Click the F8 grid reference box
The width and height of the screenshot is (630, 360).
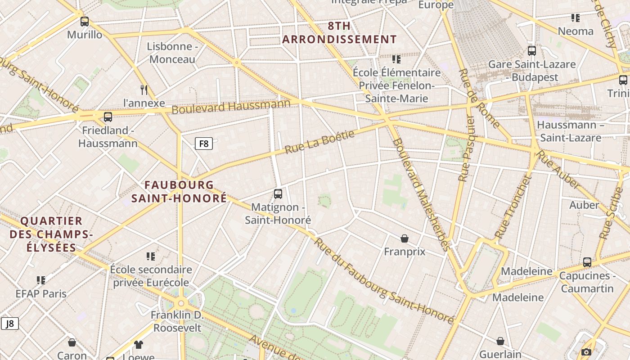coord(203,144)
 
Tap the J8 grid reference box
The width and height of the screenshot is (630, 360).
coord(9,323)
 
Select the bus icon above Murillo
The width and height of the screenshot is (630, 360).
coord(85,22)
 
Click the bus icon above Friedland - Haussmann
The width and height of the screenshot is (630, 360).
coord(108,117)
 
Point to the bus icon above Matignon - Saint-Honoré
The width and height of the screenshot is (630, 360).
coord(278,194)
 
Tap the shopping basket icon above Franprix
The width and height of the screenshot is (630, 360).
coord(405,238)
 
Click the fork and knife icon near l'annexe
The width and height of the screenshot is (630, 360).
coord(144,90)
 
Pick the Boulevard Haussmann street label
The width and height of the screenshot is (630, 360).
coord(231,107)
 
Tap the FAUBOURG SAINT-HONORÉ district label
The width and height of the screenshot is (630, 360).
coord(179,191)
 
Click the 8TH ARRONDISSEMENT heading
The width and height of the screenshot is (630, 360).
coord(339,32)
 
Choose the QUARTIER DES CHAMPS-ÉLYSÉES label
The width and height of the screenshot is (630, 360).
coord(51,234)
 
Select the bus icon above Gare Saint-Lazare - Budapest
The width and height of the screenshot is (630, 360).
coord(532,51)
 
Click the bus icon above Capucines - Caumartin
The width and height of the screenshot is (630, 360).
coord(587,262)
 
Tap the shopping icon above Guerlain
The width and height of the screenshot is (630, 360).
coord(500,341)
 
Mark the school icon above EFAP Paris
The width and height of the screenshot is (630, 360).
coord(41,280)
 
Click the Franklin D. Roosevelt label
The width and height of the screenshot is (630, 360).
coord(177,321)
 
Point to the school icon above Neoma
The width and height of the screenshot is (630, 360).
coord(575,18)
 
